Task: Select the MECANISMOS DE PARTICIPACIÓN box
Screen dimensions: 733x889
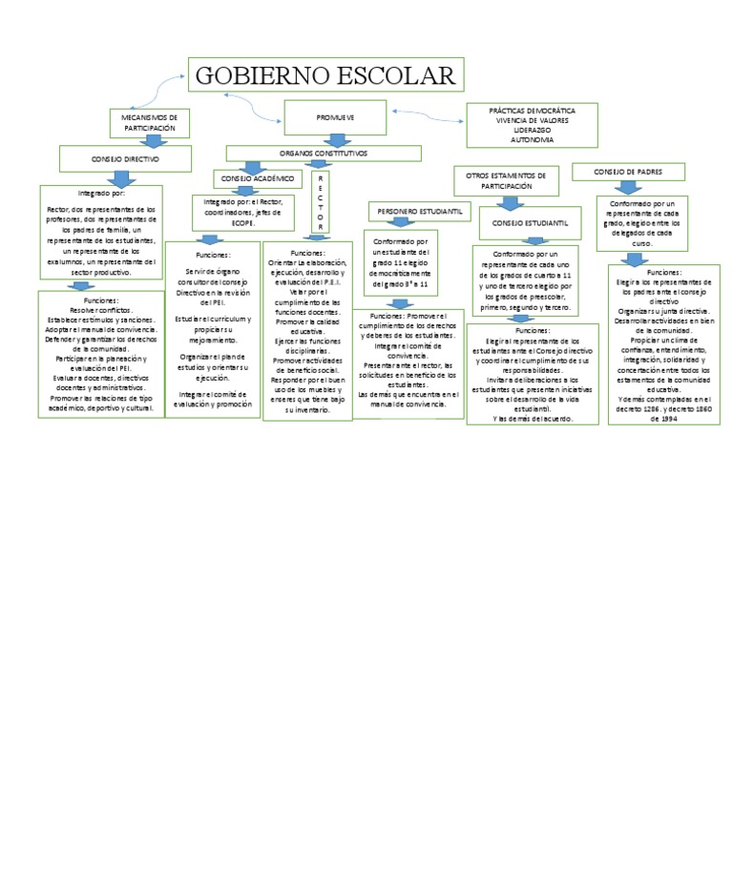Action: click(x=150, y=121)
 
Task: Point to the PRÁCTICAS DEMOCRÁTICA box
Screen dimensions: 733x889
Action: click(x=532, y=111)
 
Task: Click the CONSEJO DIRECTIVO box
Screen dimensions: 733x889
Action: click(x=125, y=157)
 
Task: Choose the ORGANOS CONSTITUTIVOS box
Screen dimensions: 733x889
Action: click(x=323, y=153)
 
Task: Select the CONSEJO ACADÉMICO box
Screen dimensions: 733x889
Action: click(x=257, y=178)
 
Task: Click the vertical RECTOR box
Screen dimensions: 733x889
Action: click(x=321, y=201)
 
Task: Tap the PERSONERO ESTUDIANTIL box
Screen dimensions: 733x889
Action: click(x=420, y=210)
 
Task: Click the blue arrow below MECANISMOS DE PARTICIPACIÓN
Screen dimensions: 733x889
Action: click(x=151, y=140)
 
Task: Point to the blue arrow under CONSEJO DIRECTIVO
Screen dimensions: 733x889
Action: click(x=120, y=178)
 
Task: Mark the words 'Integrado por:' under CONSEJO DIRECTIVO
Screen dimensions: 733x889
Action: click(x=100, y=193)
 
